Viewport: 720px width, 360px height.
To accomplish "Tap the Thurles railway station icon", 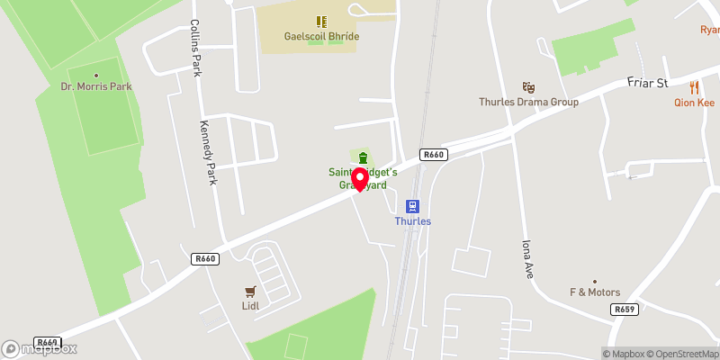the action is tap(413, 206).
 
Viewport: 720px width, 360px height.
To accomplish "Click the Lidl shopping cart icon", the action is tap(250, 291).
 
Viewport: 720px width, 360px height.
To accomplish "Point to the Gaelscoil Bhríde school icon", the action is tap(320, 21).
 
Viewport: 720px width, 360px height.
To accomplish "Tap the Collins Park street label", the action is tap(194, 47).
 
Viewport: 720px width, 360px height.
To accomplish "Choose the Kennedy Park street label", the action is tap(209, 148).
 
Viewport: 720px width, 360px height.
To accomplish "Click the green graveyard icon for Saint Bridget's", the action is tap(362, 158).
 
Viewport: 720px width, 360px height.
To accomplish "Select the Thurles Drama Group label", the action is tap(528, 102).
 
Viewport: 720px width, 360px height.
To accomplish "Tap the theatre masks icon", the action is tap(528, 87).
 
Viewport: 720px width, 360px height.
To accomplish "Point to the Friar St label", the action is tap(647, 84).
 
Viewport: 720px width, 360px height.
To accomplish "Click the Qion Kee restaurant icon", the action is tap(694, 87).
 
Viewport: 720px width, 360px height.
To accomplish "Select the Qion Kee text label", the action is tap(694, 103).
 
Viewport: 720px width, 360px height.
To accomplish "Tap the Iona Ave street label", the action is tap(526, 258).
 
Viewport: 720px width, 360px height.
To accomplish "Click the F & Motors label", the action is tap(595, 292).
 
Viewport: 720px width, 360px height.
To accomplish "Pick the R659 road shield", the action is tap(625, 309).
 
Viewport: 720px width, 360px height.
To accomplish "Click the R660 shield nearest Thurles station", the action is tap(434, 155).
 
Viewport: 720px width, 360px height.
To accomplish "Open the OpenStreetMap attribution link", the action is tap(673, 353).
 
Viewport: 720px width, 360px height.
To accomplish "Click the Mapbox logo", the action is tap(40, 348).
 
